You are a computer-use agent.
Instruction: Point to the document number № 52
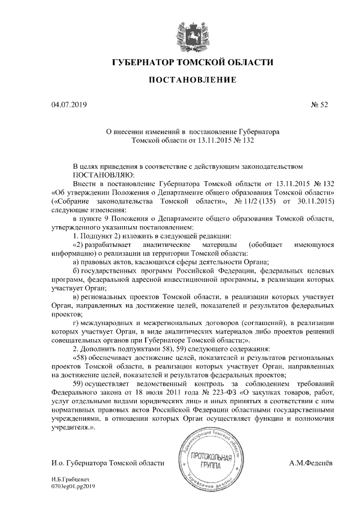tap(319, 104)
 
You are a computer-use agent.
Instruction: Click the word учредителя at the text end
tap(73, 428)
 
